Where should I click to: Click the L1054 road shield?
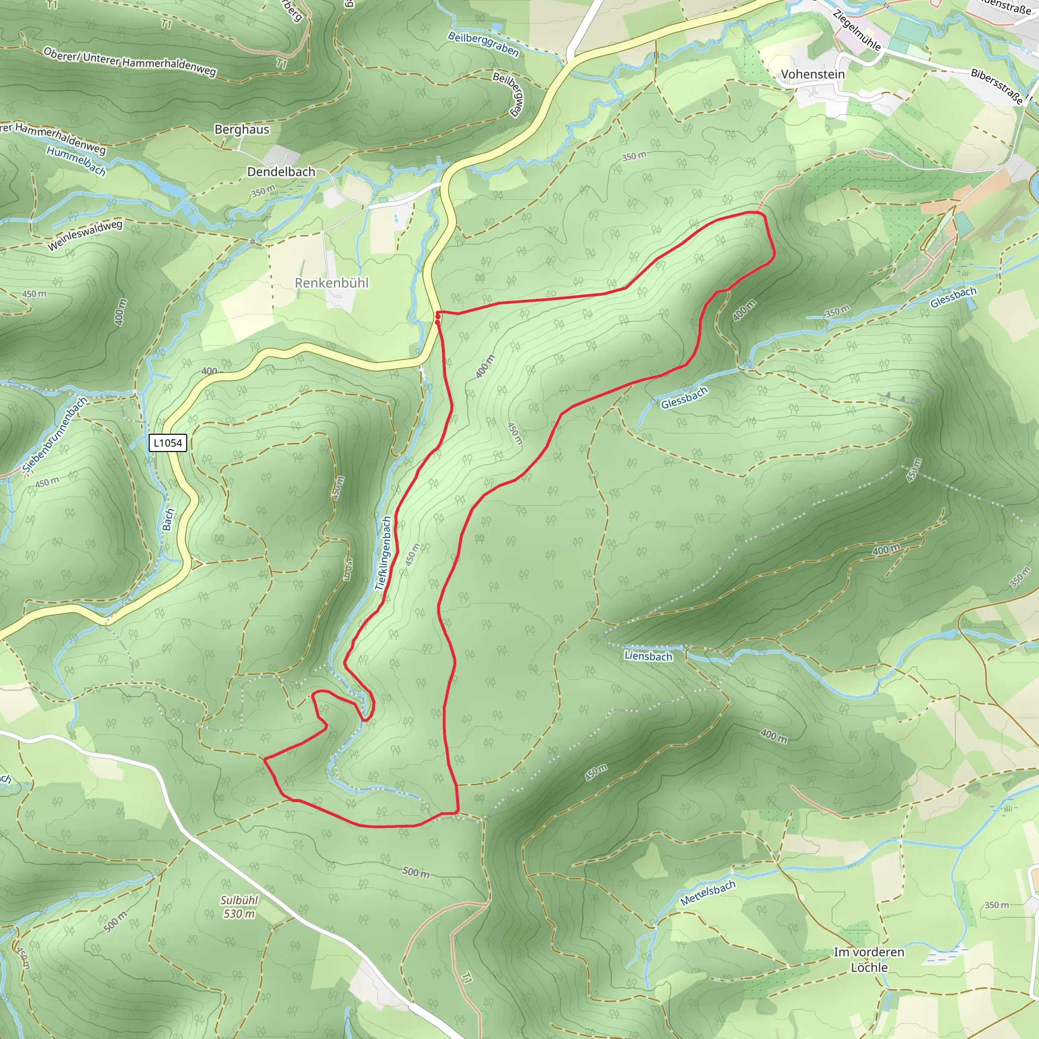click(168, 443)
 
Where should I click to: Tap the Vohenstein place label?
click(813, 74)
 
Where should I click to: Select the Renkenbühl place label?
click(332, 283)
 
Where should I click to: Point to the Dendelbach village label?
click(281, 171)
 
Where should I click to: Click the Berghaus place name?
click(241, 129)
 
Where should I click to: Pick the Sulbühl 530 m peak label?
click(239, 907)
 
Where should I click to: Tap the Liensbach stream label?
click(648, 656)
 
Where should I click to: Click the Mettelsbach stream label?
click(707, 893)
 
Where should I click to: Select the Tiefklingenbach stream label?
click(383, 553)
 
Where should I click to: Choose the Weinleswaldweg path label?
click(84, 235)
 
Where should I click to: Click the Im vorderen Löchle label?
click(869, 959)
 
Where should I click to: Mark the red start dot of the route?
click(438, 319)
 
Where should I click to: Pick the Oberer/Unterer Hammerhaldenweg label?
click(129, 62)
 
